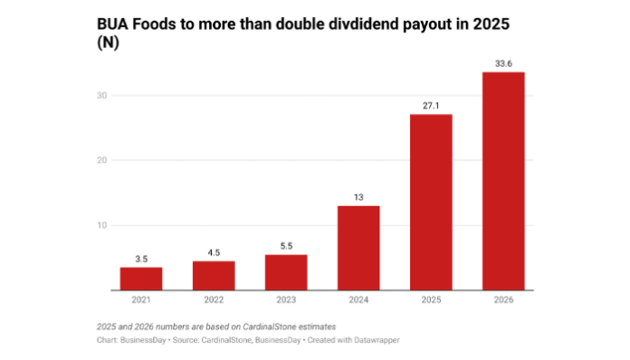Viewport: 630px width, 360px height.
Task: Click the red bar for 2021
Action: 141,279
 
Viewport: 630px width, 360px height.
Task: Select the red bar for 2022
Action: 214,276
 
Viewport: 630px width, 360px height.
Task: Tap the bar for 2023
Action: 286,272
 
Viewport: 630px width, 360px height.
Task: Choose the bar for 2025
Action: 430,202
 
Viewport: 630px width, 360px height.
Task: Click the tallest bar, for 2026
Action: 502,181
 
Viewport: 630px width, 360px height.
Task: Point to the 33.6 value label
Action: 502,63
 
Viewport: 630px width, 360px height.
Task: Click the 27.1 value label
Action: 430,106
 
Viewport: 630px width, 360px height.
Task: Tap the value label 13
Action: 358,197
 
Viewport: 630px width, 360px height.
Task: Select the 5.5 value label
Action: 286,246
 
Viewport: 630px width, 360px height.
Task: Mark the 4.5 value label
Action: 214,252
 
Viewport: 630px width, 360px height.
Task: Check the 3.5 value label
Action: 141,259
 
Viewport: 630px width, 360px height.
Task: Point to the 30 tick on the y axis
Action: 102,95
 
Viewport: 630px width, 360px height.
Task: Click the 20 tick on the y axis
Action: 102,160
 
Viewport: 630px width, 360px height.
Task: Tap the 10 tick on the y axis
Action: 102,225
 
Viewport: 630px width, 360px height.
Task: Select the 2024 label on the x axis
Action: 358,300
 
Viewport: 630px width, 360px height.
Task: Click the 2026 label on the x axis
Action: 502,300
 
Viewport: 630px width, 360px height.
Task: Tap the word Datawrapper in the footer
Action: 379,340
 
